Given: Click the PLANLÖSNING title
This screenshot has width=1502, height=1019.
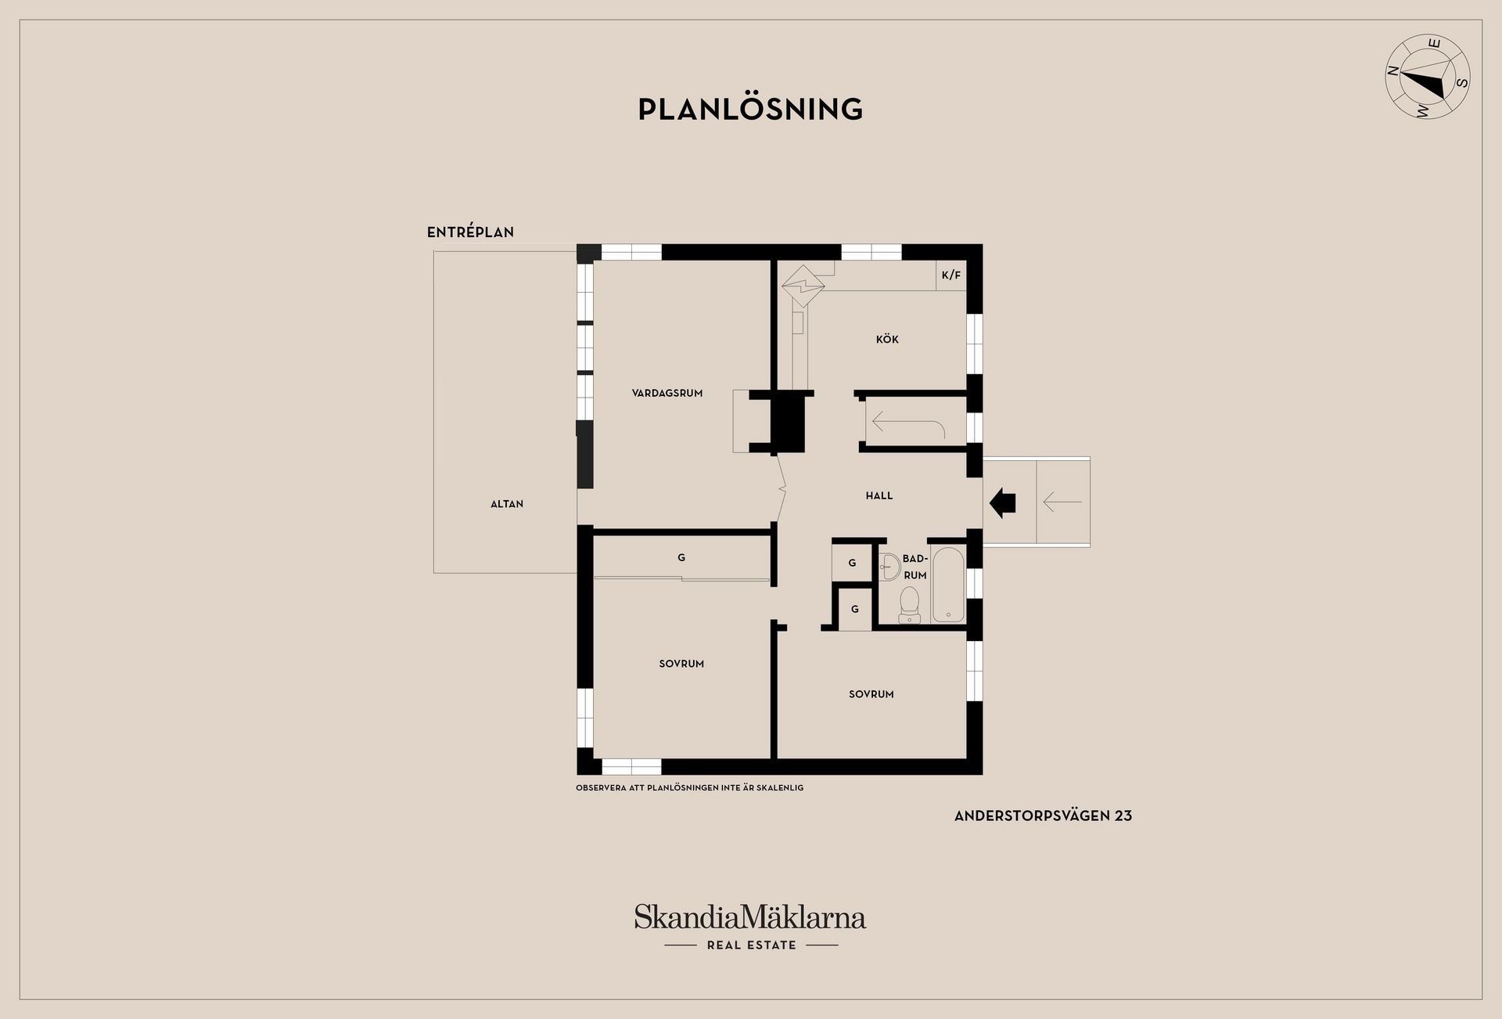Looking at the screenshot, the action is point(750,109).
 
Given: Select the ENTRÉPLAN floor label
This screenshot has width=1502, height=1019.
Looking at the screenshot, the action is point(470,232).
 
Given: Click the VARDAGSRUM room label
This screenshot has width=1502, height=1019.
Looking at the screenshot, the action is point(667,393).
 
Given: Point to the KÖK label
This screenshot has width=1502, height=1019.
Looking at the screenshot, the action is point(887,339).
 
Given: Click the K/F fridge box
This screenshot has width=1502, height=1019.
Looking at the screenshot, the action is point(951,275).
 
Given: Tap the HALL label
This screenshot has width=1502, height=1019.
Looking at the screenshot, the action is point(879,495).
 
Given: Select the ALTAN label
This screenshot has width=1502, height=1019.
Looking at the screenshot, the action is point(507,504).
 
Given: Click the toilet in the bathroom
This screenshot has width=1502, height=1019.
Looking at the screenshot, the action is point(909,604).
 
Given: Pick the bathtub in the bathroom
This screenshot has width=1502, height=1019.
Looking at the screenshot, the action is point(948,585).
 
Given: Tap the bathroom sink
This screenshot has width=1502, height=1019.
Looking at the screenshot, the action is point(889,566).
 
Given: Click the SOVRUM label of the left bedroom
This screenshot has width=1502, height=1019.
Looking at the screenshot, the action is point(681,664).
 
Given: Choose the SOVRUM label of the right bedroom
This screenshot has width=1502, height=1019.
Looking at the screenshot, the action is point(871,694).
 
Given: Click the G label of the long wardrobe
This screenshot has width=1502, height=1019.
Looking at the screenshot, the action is point(681,558).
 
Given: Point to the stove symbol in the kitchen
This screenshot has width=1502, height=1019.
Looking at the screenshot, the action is point(803,286).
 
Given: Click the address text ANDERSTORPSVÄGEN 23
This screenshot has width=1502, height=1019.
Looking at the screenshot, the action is point(1043,816).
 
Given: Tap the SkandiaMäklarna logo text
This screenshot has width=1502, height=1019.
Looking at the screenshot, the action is point(750,916).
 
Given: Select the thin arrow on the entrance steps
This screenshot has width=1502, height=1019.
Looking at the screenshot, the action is point(1062,502).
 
